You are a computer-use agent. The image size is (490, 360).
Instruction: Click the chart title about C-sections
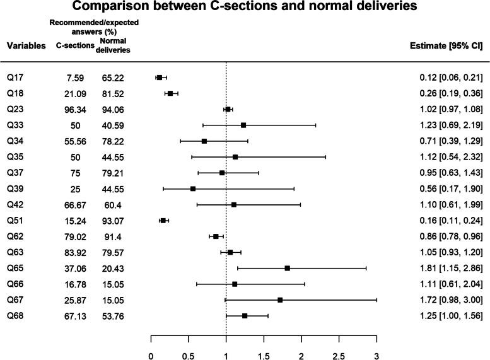pos(245,8)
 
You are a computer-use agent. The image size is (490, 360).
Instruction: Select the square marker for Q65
pos(288,268)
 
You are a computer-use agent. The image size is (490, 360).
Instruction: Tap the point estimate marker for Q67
pos(280,299)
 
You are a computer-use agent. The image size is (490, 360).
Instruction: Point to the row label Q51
pos(16,221)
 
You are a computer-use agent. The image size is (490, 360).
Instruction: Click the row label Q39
pos(16,189)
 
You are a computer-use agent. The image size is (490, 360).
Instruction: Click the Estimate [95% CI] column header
pos(446,46)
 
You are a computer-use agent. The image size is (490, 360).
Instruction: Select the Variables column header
pos(26,46)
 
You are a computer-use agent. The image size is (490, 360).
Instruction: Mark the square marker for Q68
pos(245,315)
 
